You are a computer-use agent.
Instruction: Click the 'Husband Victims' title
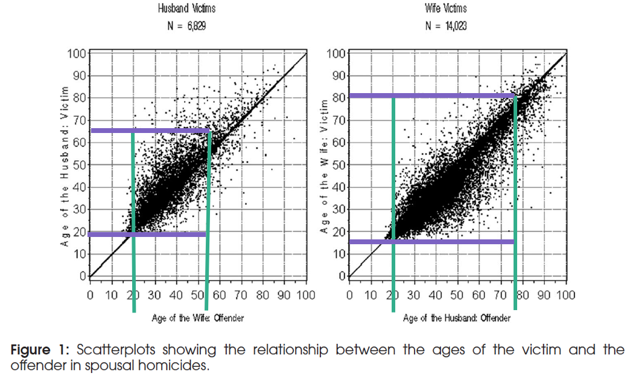tap(187, 9)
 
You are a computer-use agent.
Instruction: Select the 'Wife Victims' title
tap(445, 9)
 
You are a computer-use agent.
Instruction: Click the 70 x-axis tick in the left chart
tap(240, 296)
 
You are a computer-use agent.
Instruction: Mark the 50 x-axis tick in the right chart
tap(457, 296)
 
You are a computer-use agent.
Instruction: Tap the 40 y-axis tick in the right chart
tap(339, 187)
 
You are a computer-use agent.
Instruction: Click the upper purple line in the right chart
tap(431, 96)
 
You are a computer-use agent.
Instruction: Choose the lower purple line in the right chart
tap(431, 242)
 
